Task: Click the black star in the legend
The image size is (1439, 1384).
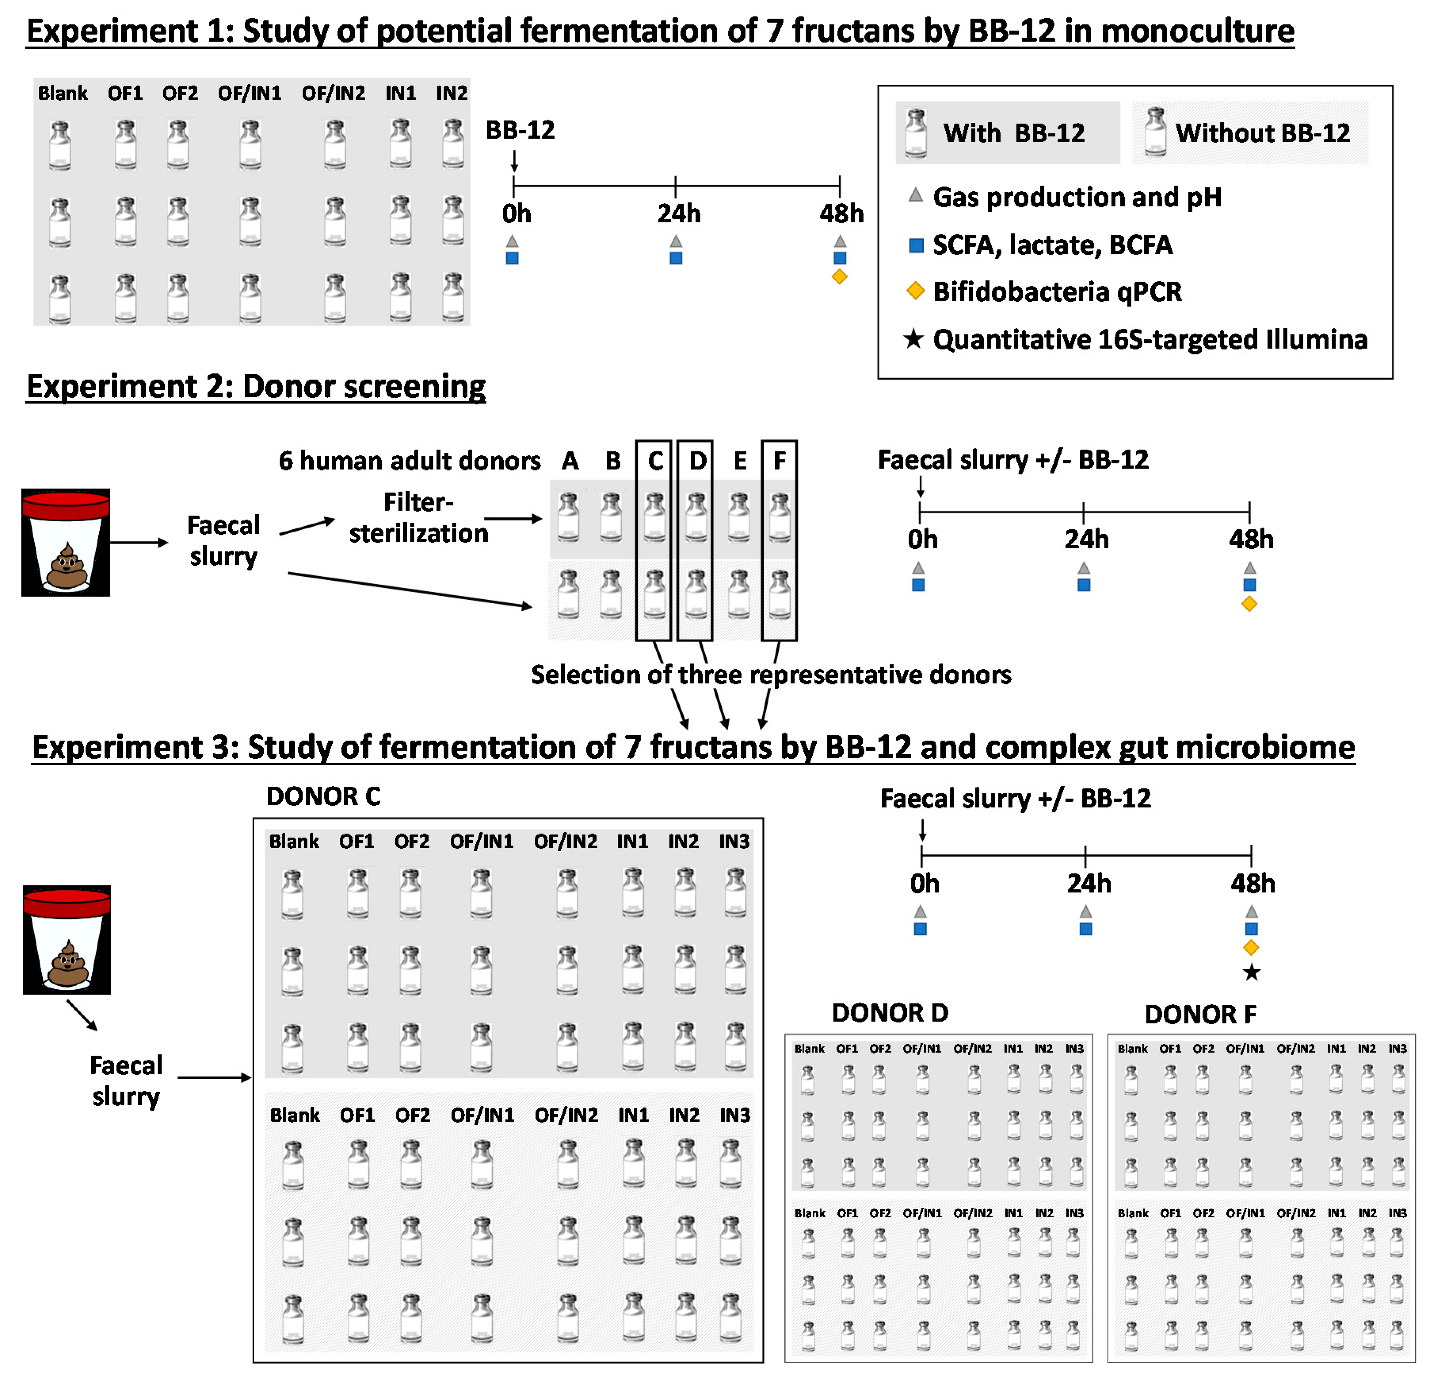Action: [x=913, y=339]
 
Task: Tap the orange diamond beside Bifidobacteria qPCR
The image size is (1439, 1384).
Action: [x=915, y=291]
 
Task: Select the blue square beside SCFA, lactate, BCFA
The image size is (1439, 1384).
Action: [x=915, y=245]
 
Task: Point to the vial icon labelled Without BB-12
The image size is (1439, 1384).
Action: [x=1156, y=132]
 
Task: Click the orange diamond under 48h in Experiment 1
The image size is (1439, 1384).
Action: [x=839, y=277]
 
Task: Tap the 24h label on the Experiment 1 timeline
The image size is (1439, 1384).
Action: [x=679, y=214]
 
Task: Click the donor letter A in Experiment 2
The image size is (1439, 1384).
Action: [x=570, y=461]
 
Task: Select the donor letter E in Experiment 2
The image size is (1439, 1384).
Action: [x=740, y=461]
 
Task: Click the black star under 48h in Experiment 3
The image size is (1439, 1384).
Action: [x=1251, y=973]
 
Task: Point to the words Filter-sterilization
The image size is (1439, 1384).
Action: [x=419, y=518]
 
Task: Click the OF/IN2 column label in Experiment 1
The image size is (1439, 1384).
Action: [x=334, y=93]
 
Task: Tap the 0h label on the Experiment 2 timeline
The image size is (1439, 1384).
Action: [x=922, y=539]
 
